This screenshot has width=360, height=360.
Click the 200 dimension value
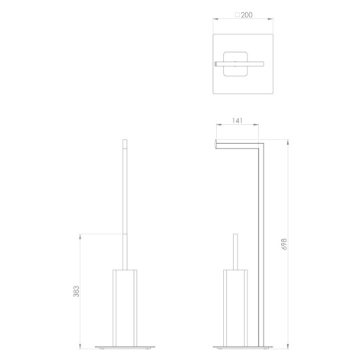(247, 15)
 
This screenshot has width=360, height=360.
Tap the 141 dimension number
(237, 120)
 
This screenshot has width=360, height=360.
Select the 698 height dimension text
(284, 244)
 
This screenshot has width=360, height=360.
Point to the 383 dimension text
(76, 291)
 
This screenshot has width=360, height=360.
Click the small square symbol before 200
(237, 15)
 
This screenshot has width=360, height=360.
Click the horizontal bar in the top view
(240, 64)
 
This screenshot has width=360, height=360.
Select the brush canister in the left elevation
(125, 308)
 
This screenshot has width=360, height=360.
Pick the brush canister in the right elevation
(235, 308)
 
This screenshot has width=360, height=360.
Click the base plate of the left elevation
(125, 347)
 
